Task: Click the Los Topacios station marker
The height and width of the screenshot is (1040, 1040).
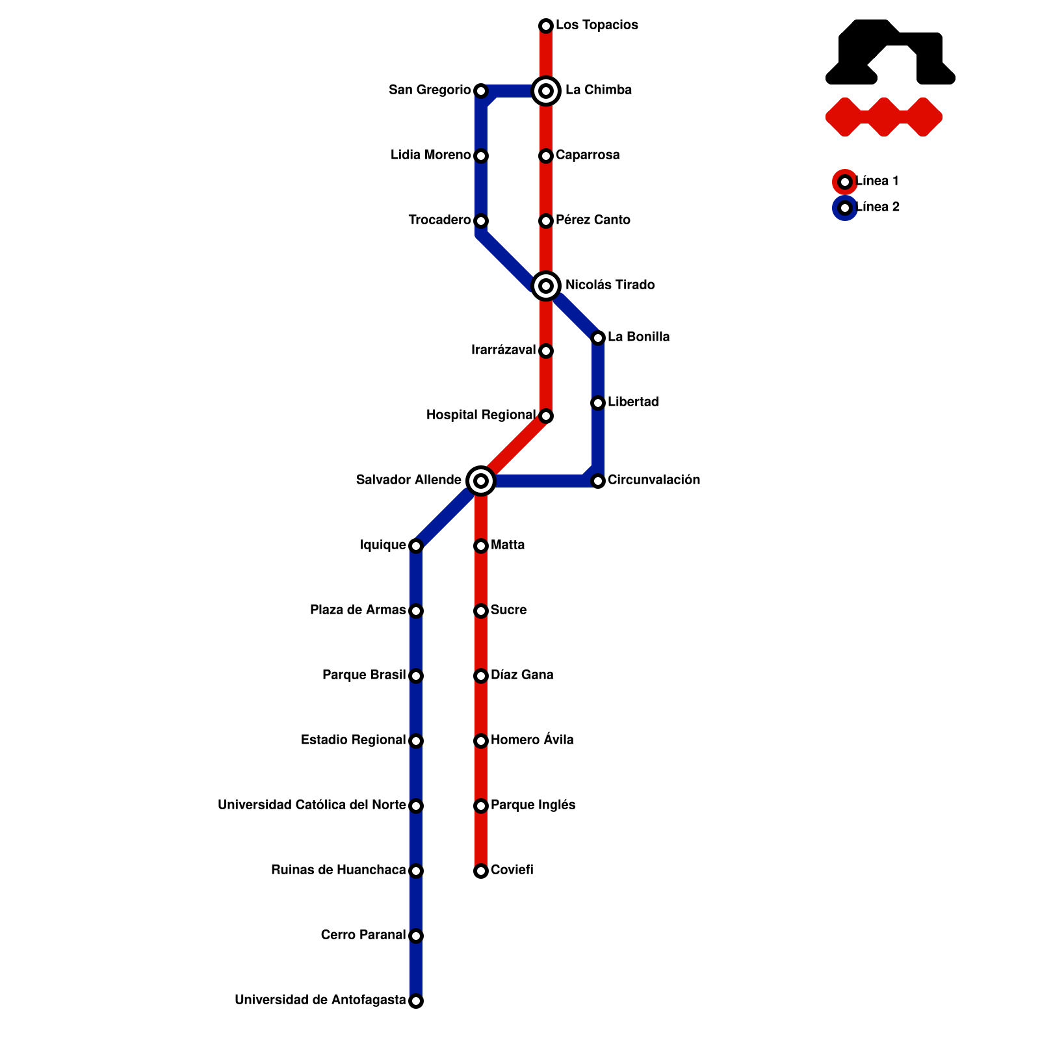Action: point(546,26)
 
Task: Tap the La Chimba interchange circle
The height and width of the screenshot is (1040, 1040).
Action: point(546,91)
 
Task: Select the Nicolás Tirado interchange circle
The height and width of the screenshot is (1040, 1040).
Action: point(546,286)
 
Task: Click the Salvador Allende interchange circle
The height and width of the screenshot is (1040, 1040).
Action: point(481,481)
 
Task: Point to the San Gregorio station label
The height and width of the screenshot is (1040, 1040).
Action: point(430,90)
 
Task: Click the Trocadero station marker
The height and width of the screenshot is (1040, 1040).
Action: point(481,221)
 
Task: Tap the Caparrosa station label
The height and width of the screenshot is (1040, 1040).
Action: point(588,155)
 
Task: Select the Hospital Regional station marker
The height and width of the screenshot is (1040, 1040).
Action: point(546,416)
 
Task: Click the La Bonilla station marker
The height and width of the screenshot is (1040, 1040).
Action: point(598,338)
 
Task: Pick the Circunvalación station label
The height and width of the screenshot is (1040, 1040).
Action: point(654,480)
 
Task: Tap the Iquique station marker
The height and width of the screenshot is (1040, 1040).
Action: point(416,546)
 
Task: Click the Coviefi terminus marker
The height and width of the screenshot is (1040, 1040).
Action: point(481,871)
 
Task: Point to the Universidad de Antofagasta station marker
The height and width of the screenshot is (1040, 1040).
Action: point(416,1001)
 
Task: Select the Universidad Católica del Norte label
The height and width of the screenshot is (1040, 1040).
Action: point(312,805)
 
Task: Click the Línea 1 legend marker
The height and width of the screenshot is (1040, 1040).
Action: point(845,182)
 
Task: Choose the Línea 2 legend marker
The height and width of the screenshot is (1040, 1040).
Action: point(845,208)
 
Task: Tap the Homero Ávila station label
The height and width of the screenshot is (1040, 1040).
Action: point(532,740)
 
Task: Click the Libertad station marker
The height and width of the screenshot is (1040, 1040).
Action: point(598,403)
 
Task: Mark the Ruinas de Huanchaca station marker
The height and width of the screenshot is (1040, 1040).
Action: point(416,871)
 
